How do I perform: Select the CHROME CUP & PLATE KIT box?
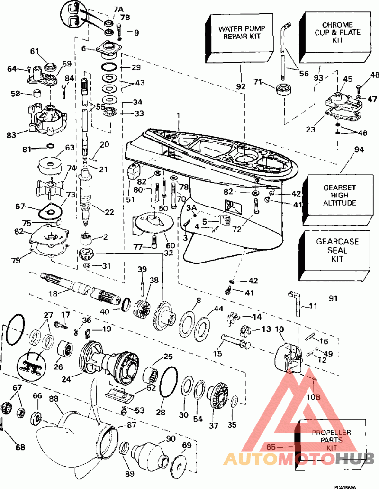pos(335,38)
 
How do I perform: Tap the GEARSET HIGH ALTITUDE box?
pos(338,200)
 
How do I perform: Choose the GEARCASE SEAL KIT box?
pos(334,255)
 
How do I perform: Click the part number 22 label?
pos(109,212)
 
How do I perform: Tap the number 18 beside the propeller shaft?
pos(53,293)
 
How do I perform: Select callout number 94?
pos(359,150)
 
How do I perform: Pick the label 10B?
pos(313,397)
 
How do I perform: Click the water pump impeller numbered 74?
pos(51,188)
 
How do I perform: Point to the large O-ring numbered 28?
pos(168,381)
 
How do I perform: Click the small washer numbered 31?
pos(87,266)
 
